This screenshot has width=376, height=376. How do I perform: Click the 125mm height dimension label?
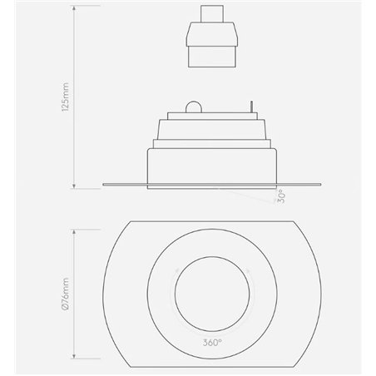66,95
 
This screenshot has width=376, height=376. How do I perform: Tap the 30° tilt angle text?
281,197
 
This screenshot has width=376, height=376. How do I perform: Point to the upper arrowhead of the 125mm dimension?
76,8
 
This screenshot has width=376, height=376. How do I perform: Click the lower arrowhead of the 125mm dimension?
76,186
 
